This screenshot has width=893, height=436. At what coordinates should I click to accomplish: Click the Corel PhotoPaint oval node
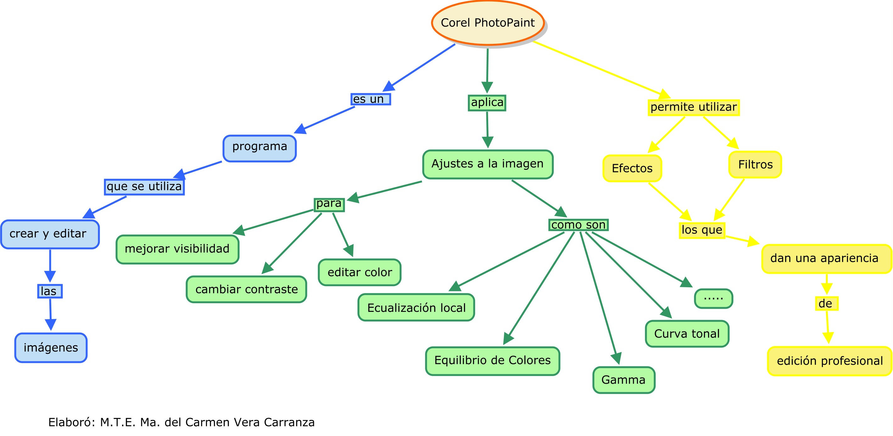[x=488, y=23]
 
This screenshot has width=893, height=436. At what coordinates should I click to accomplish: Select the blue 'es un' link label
[x=370, y=99]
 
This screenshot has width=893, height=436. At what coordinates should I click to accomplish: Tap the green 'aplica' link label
[x=487, y=103]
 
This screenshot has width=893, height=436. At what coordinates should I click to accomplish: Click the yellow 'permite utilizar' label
[x=693, y=107]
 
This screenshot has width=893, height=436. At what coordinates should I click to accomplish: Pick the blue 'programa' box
[x=260, y=148]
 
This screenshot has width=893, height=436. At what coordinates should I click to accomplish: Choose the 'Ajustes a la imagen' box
[x=488, y=164]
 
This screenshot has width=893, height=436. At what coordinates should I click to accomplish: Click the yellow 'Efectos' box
[x=632, y=168]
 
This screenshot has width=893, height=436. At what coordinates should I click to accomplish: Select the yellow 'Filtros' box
[x=755, y=164]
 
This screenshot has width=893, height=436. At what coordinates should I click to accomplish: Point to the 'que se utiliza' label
[x=144, y=187]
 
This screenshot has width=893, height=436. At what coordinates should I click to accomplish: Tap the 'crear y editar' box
[x=50, y=234]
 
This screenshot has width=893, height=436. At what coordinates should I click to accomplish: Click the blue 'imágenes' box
[x=51, y=347]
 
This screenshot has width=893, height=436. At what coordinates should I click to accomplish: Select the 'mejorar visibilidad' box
[x=177, y=249]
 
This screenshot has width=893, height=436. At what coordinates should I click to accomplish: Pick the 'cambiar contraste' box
[x=247, y=289]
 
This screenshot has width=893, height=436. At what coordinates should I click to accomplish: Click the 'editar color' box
[x=360, y=272]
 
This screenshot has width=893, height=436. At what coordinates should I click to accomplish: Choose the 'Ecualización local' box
[x=416, y=307]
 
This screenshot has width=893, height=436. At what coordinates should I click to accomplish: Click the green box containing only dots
[x=713, y=299]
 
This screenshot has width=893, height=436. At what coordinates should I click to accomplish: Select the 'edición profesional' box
[x=829, y=361]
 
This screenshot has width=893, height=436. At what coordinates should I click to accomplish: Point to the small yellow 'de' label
[x=826, y=304]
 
